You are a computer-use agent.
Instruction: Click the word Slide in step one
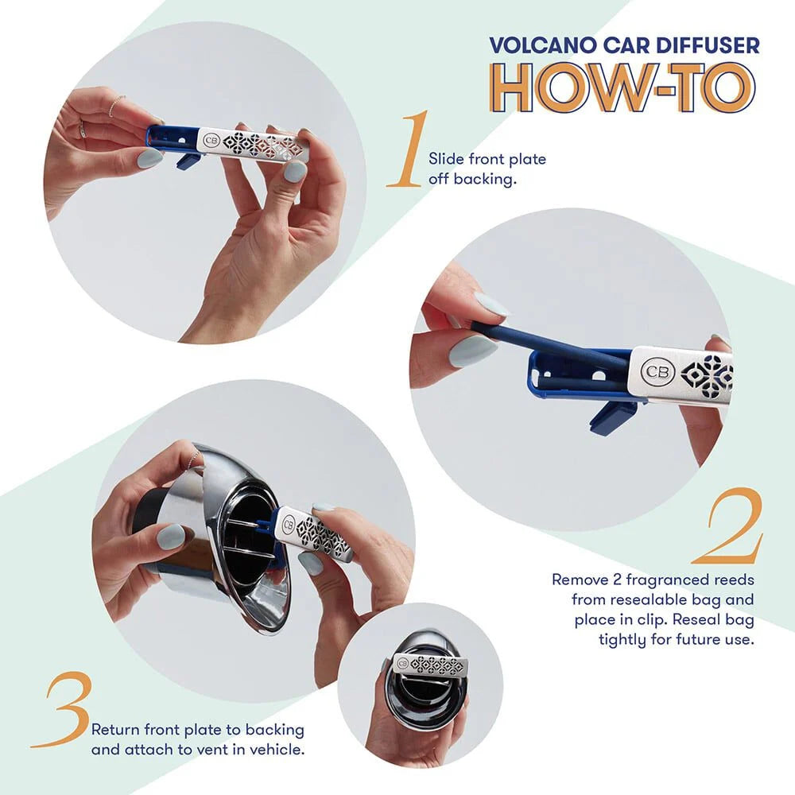(x=445, y=159)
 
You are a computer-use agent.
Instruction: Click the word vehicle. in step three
(x=279, y=749)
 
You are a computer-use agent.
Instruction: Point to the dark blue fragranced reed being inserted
(x=541, y=338)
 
